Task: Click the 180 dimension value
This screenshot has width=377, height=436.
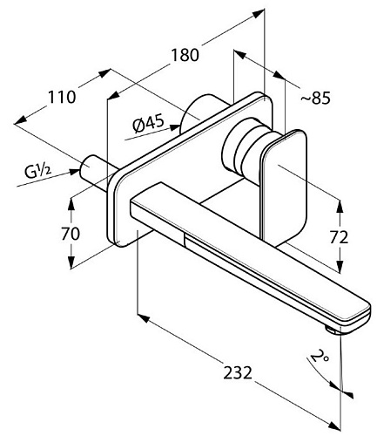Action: [x=185, y=55]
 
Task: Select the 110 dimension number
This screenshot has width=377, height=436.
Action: [x=62, y=97]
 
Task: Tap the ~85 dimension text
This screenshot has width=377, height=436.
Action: [x=315, y=99]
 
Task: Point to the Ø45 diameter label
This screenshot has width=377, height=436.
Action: [x=148, y=124]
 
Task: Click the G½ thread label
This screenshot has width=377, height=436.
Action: [x=37, y=172]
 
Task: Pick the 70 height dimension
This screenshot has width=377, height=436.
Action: [x=71, y=234]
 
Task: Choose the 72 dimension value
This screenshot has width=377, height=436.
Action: [x=339, y=237]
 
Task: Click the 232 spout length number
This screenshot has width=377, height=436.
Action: [x=238, y=372]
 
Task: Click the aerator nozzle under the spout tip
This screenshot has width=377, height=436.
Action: [x=332, y=330]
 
